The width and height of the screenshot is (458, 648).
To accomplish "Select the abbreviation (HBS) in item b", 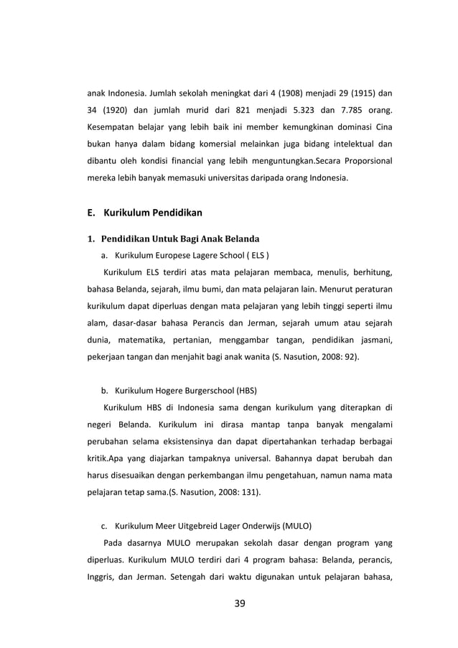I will coord(243,391).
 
